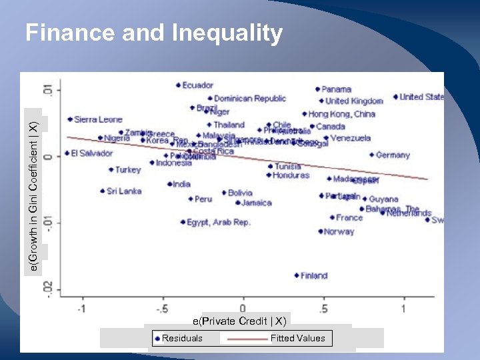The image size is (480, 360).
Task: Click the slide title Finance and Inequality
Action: click(x=154, y=33)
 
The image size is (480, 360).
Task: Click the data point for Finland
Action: click(x=297, y=275)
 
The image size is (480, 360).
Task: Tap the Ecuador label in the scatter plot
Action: click(x=197, y=85)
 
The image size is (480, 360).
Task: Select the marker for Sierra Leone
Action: click(x=70, y=119)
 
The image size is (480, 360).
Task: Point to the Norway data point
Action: click(x=321, y=232)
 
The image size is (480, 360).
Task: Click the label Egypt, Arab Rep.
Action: click(x=219, y=223)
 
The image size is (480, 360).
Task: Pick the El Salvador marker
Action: click(x=67, y=153)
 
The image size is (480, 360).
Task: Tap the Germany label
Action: click(x=393, y=155)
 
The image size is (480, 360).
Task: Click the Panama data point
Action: click(x=317, y=89)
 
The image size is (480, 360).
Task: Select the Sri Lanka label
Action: click(x=124, y=191)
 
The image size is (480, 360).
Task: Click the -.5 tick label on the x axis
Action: click(x=162, y=309)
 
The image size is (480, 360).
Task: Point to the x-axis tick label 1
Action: click(x=403, y=309)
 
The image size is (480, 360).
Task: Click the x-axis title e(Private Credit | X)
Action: click(x=244, y=321)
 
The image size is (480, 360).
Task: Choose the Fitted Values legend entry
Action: click(x=297, y=338)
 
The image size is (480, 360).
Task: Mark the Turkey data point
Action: click(x=111, y=170)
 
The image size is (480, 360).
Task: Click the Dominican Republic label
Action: click(x=250, y=99)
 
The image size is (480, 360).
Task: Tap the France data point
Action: click(x=332, y=217)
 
